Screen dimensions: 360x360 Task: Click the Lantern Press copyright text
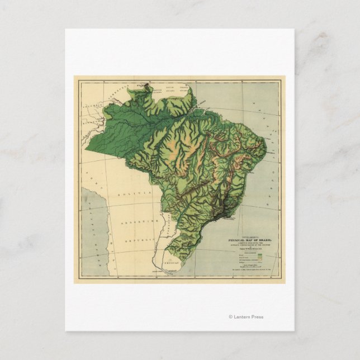click(x=246, y=317)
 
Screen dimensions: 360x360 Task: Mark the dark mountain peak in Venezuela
click(x=146, y=86)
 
